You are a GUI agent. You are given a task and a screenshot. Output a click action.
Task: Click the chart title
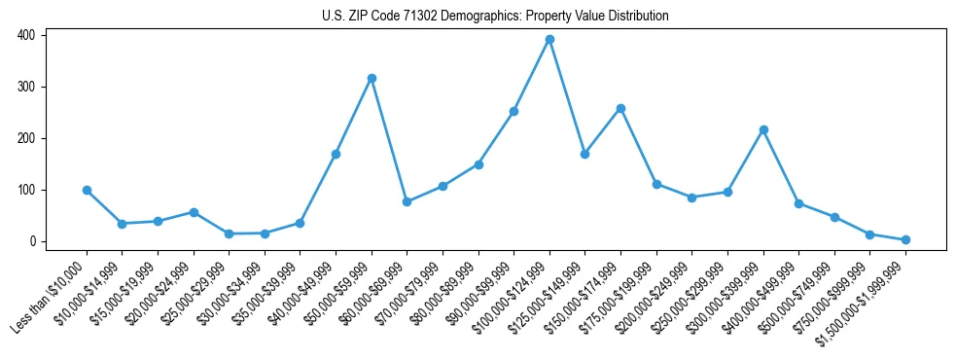(495, 16)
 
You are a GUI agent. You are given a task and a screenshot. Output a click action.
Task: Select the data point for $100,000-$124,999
(549, 40)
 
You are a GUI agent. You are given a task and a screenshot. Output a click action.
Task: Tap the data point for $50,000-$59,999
(372, 78)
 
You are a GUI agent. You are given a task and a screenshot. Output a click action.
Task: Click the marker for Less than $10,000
(87, 190)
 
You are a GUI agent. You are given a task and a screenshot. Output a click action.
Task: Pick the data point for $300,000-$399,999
(763, 129)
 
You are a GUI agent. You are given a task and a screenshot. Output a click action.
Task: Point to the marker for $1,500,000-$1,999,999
(905, 239)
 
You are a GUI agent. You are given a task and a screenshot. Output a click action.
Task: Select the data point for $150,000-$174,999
(620, 108)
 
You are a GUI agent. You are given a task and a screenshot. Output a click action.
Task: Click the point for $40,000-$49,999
(336, 154)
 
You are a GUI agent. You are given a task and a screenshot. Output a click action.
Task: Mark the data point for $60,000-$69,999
(407, 201)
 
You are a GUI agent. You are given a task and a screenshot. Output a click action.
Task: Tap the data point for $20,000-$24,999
(194, 212)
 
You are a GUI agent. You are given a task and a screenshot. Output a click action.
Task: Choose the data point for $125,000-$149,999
(584, 154)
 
